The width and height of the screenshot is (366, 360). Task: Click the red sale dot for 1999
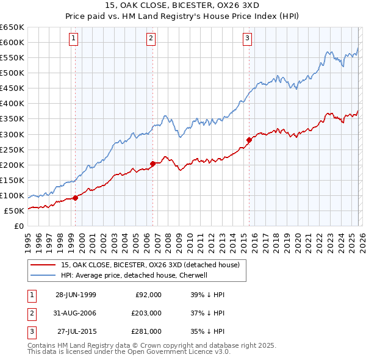coord(76,198)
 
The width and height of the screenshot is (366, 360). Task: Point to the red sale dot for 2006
coord(152,164)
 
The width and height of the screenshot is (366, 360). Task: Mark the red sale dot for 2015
coord(249,140)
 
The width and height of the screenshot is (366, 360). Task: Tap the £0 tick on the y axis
coord(20,226)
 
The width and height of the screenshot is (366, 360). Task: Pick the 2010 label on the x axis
coord(190,240)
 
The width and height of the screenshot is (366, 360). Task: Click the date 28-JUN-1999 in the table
coord(76,294)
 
